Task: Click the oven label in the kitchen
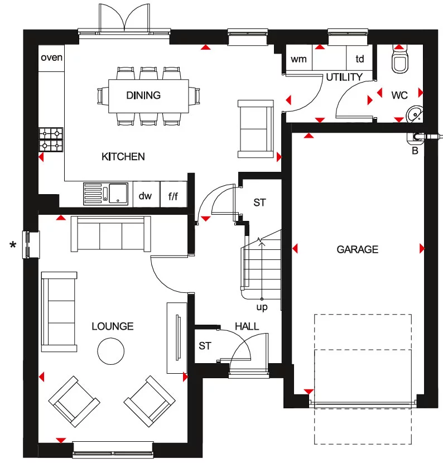pos(51,57)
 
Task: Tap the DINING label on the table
pos(143,95)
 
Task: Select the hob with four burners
pos(51,139)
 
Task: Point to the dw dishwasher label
pos(145,196)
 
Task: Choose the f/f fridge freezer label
pos(174,196)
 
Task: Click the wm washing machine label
pos(298,59)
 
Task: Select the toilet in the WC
pos(401,61)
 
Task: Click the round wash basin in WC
pos(414,114)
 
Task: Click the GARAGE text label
pos(357,249)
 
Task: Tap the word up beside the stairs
pos(262,307)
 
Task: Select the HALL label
pos(247,326)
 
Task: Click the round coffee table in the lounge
pos(111,351)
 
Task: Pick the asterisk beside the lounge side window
pos(12,244)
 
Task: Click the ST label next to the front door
pos(205,346)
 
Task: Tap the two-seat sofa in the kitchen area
pos(256,129)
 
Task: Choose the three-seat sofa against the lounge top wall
pos(110,234)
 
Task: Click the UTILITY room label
pos(344,78)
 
